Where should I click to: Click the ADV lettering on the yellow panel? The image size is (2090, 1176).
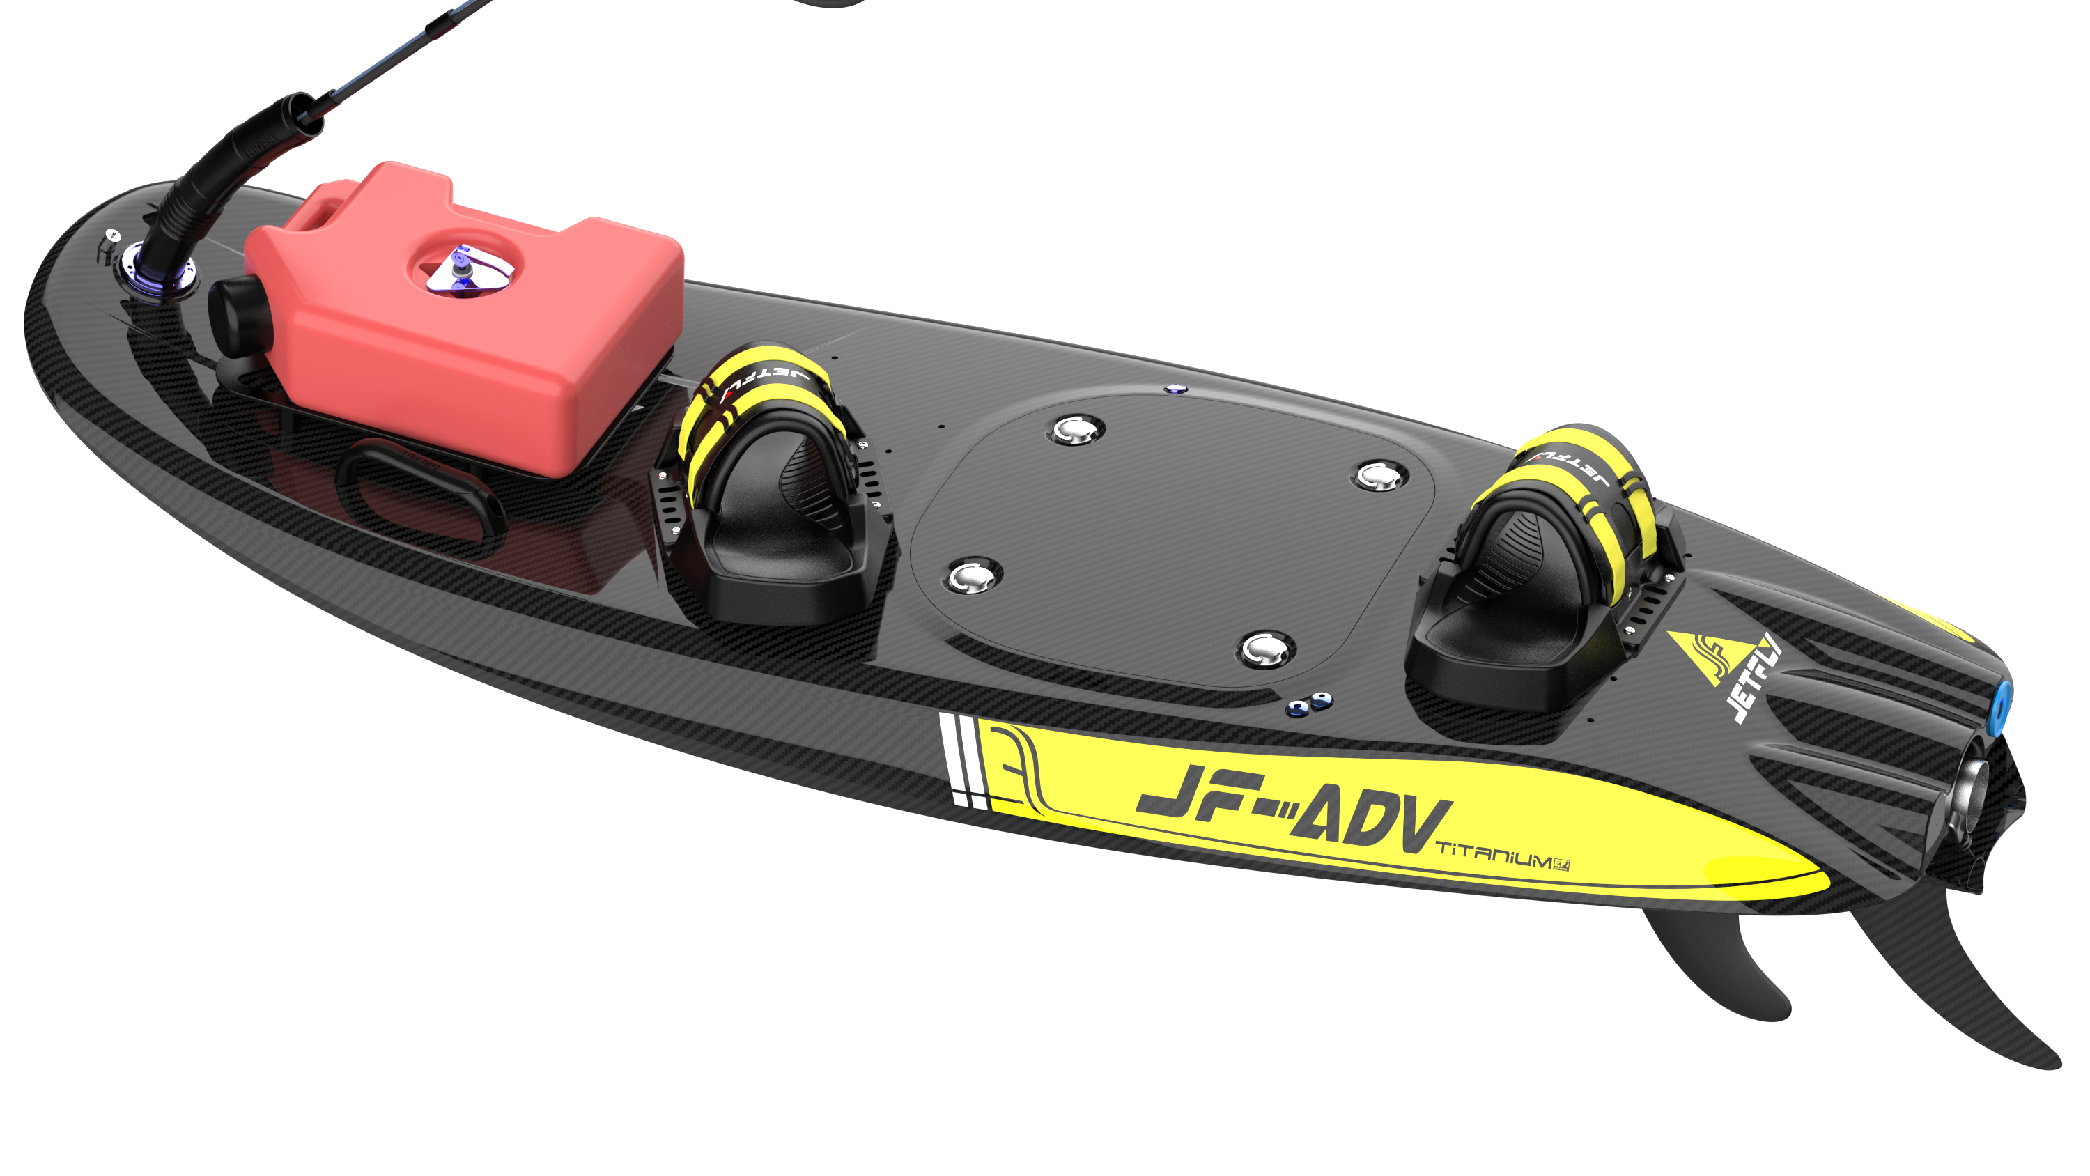coord(1371,823)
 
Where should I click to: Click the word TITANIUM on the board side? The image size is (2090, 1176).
coord(1493,856)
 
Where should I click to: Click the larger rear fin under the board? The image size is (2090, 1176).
coord(1963,974)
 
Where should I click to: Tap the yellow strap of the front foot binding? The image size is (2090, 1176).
coord(754,398)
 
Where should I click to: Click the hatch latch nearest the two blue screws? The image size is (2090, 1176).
coord(1263,649)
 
